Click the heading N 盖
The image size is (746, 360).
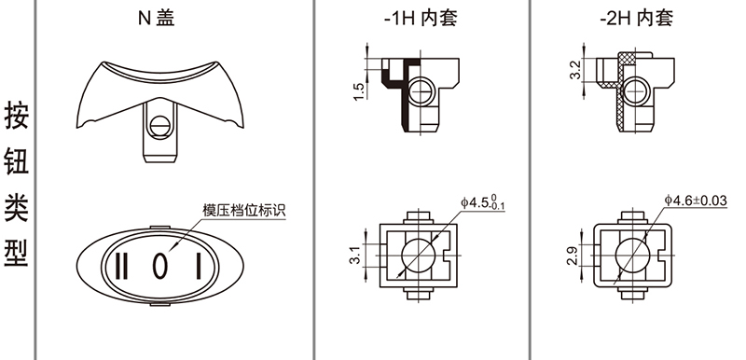tap(157, 18)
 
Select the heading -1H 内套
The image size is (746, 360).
tap(421, 18)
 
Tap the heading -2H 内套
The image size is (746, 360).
tap(637, 18)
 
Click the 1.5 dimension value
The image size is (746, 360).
tap(359, 91)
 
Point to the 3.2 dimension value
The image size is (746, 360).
tap(575, 70)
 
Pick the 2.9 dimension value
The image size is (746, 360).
tap(573, 256)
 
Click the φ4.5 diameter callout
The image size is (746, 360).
tap(482, 202)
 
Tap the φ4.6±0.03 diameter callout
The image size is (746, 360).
tap(696, 201)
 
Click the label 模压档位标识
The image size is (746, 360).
tap(244, 210)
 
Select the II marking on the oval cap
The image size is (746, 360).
tap(121, 266)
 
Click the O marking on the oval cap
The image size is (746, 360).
tap(159, 266)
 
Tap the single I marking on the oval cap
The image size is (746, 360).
tap(199, 266)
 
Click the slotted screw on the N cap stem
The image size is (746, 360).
tap(159, 127)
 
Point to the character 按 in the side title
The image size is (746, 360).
tap(17, 115)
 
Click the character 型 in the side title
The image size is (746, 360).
tap(17, 252)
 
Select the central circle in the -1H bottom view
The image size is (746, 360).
tap(419, 256)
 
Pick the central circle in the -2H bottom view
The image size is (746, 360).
tap(633, 256)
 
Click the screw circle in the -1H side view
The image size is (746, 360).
tap(421, 90)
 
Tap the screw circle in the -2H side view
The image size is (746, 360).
tap(635, 90)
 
